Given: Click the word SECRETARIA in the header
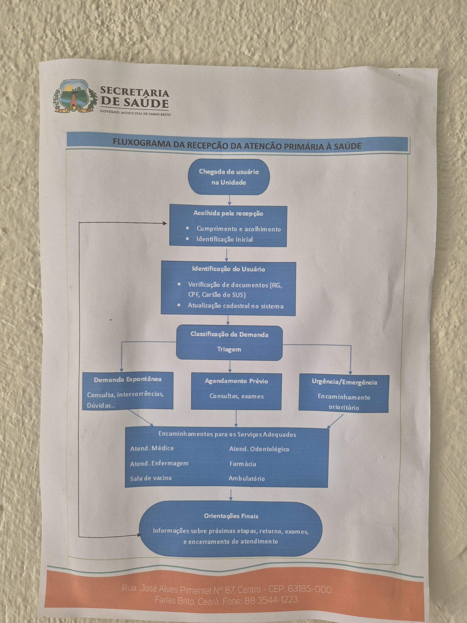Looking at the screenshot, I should click(135, 92).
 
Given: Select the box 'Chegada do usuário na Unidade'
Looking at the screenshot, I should click(229, 177).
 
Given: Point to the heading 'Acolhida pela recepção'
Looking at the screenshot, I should click(228, 213).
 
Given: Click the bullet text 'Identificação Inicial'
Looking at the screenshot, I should click(224, 239).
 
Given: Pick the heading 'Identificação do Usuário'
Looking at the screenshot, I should click(228, 269).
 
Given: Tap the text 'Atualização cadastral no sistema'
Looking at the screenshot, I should click(235, 306).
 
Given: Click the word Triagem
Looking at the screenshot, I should click(229, 349).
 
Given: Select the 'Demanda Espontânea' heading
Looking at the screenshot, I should click(127, 379).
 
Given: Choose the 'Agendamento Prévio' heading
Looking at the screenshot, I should click(236, 381).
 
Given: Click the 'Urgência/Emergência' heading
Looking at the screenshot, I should click(344, 382).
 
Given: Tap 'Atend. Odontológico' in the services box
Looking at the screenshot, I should click(259, 449).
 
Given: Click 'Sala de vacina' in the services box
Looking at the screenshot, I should click(151, 478).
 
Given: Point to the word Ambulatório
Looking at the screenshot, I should click(247, 478).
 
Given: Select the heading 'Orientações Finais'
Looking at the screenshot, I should click(231, 516).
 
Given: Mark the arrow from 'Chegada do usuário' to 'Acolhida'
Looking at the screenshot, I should click(229, 200).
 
